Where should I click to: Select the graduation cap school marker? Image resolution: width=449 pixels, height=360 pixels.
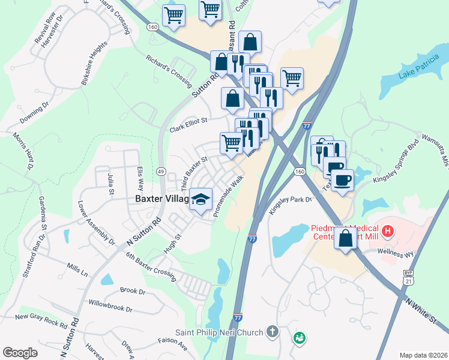pyautogui.click(x=200, y=199)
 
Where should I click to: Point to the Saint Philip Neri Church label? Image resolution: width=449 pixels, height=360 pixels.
pyautogui.click(x=219, y=332)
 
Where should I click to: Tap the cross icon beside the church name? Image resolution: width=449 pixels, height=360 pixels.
pyautogui.click(x=273, y=331)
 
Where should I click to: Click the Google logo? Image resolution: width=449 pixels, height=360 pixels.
pyautogui.click(x=20, y=352)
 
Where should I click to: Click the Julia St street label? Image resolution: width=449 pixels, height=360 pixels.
pyautogui.click(x=110, y=184)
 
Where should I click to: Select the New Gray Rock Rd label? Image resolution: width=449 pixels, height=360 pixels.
pyautogui.click(x=41, y=319)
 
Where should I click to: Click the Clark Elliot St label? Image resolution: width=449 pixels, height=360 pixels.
pyautogui.click(x=188, y=124)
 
